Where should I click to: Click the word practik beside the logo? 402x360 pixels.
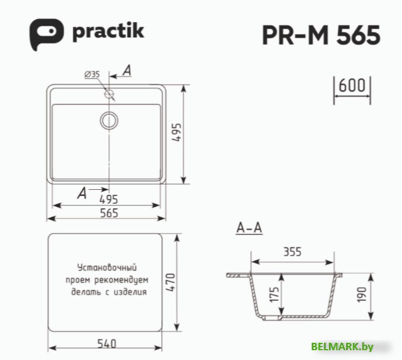pos(108,31)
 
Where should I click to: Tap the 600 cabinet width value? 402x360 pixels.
pos(352,85)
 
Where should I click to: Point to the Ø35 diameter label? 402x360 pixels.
pos(92,74)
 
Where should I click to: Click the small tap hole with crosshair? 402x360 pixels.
pos(110,94)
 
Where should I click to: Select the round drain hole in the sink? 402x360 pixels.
pos(109,120)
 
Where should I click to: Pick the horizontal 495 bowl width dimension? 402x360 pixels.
pos(108,199)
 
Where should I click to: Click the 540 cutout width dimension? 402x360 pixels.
pos(106,343)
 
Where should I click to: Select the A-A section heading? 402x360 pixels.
pos(249,229)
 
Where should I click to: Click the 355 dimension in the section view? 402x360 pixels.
pos(293,251)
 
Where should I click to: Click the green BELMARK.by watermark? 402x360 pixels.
pos(342,347)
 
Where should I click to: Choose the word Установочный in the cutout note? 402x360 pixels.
pos(106,268)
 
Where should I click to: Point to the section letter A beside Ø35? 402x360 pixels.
pos(127,71)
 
